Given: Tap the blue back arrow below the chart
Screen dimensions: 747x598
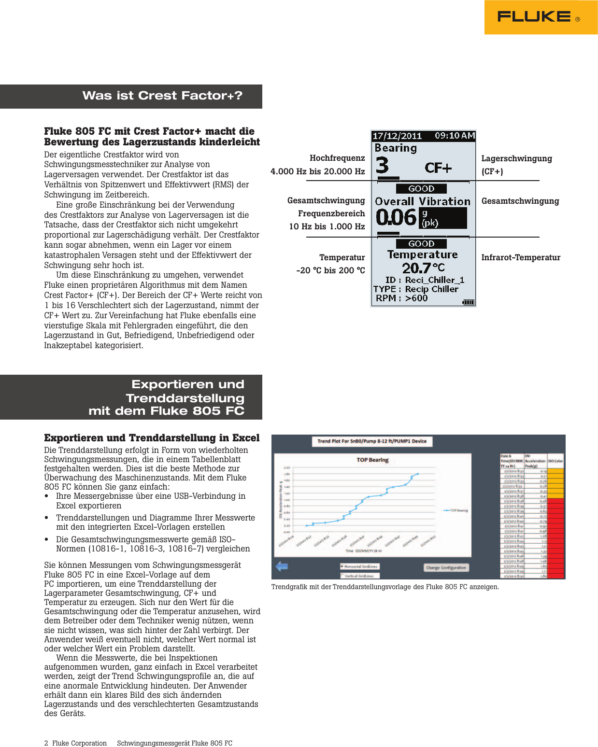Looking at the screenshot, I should pos(282,566).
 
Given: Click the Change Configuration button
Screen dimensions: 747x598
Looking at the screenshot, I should pos(446,568).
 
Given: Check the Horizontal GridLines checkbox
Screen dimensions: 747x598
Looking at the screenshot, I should pos(342,566).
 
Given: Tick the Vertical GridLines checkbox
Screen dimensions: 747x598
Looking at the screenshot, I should pos(342,576).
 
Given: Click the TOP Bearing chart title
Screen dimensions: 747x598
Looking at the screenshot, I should pos(372,460).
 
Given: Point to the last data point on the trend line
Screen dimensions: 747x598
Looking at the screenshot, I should pos(418,474).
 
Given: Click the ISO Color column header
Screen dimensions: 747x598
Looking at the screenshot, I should pos(555,461).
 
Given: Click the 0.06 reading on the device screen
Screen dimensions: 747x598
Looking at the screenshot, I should pos(396,218).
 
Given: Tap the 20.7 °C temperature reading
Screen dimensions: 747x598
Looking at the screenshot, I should pos(423,268).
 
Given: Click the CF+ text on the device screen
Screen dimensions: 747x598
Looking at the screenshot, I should pos(438,168).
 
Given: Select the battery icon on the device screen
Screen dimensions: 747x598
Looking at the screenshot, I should pos(468,302).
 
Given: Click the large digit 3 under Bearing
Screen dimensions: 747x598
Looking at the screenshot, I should pos(382,165).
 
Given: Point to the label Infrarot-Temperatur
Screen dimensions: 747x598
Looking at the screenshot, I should pos(520,257).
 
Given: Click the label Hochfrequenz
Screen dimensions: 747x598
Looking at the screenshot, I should pos(337,158).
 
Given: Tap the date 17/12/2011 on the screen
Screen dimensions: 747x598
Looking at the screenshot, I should pos(397,136).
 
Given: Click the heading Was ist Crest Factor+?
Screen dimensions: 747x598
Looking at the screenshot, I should pos(162,96).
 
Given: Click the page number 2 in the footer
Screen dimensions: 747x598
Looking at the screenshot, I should pos(46,743).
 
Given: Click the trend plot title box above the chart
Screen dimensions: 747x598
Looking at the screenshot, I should pos(371,441).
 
